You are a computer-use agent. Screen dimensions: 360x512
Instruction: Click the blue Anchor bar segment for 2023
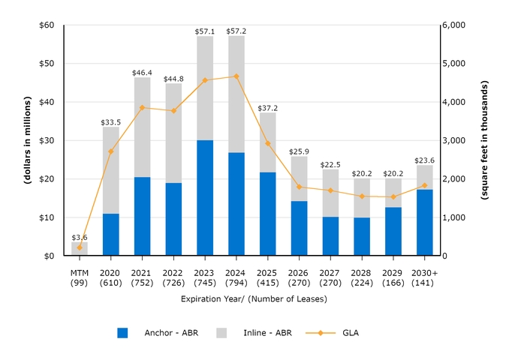pyautogui.click(x=205, y=198)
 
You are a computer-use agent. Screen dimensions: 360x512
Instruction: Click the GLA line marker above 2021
pyautogui.click(x=142, y=107)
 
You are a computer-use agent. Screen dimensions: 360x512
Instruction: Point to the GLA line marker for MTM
pyautogui.click(x=80, y=247)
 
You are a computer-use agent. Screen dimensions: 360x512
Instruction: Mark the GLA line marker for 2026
pyautogui.click(x=300, y=187)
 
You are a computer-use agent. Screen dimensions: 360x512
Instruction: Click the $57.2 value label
pyautogui.click(x=236, y=31)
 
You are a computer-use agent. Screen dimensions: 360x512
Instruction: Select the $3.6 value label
pyautogui.click(x=80, y=237)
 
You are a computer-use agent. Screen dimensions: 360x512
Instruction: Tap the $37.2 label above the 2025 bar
pyautogui.click(x=268, y=108)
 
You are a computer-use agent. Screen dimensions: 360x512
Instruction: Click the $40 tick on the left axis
pyautogui.click(x=47, y=102)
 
